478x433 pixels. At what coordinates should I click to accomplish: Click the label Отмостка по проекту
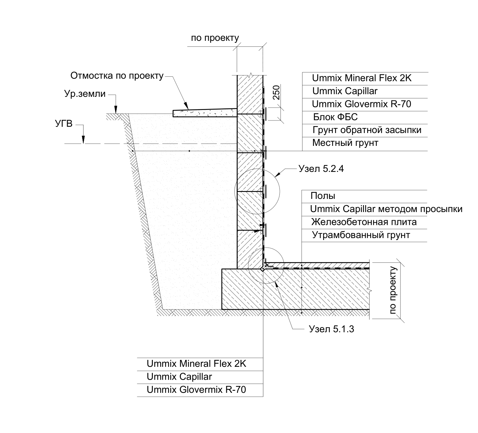coord(117,76)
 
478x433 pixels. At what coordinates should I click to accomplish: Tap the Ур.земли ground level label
coord(85,94)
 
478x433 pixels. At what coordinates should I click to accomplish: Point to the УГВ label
coord(63,124)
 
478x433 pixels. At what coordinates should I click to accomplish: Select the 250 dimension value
coord(276,93)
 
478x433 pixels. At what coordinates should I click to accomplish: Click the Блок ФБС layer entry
coord(335,117)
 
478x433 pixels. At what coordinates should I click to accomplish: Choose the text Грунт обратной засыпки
coord(367,130)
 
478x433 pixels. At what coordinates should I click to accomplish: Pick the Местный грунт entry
coord(345,143)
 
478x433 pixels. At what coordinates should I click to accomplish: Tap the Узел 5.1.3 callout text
coord(331,329)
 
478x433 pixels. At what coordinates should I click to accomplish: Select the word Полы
coord(323,196)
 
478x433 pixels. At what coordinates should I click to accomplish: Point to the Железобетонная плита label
coord(364,222)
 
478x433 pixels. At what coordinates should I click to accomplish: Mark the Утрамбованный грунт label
coord(361,235)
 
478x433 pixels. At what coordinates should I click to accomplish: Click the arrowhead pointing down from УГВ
coord(84,141)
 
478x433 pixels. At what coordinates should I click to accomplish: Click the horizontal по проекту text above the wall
coord(215,38)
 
